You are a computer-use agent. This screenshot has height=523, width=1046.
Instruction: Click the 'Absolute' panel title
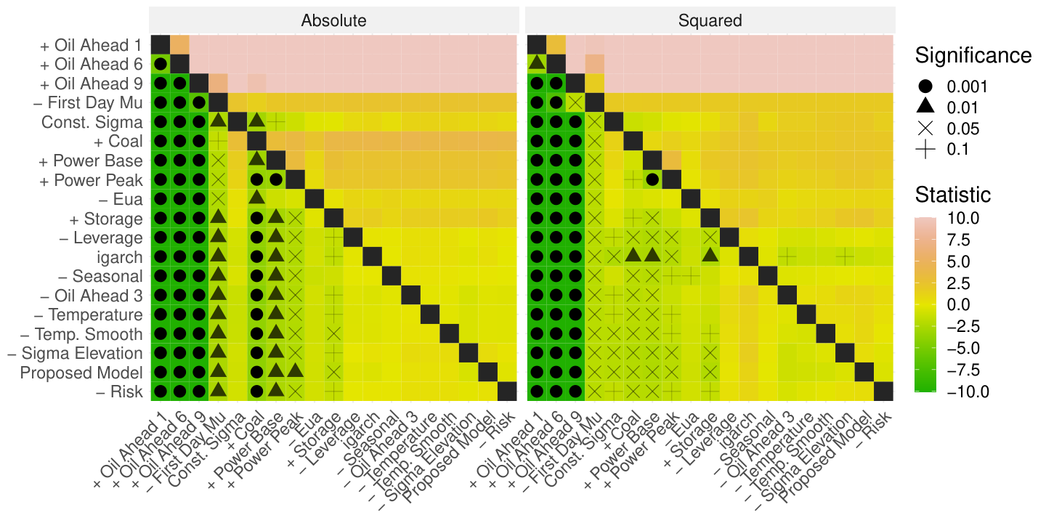pos(333,20)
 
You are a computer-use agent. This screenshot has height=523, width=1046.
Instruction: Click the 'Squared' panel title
pos(710,20)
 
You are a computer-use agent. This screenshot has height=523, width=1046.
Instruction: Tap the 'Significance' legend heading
pos(973,55)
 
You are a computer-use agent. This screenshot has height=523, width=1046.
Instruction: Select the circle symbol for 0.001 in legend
pos(925,86)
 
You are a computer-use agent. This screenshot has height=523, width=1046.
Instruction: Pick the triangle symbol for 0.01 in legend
pos(925,107)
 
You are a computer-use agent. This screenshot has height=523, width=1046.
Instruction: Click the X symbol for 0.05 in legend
pos(925,128)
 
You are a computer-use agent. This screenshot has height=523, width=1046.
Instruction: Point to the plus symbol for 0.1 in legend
pos(925,150)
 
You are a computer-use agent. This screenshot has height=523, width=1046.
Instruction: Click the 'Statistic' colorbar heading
pos(952,195)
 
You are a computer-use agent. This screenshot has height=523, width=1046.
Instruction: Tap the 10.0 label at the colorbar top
pos(963,218)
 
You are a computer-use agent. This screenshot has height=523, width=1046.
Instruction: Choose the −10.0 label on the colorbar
pos(968,392)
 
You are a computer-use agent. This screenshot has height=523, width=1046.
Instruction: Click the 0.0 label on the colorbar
pos(958,305)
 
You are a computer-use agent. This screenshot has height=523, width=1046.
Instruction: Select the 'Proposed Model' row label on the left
pos(81,373)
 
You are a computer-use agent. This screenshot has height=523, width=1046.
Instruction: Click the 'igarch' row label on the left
pos(120,258)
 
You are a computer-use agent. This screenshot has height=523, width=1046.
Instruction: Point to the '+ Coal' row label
pos(118,142)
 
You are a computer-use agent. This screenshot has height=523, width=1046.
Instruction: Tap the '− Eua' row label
pos(121,199)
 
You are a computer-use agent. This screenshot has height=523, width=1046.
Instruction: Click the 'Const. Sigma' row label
pos(92,122)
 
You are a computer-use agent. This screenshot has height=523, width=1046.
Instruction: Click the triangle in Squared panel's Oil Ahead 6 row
pos(537,62)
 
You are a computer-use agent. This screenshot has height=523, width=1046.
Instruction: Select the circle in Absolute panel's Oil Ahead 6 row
pos(161,64)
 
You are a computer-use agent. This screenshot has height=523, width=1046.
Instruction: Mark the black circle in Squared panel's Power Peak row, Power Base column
pos(652,179)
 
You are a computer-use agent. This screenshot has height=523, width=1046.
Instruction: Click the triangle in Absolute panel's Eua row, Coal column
pos(256,198)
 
